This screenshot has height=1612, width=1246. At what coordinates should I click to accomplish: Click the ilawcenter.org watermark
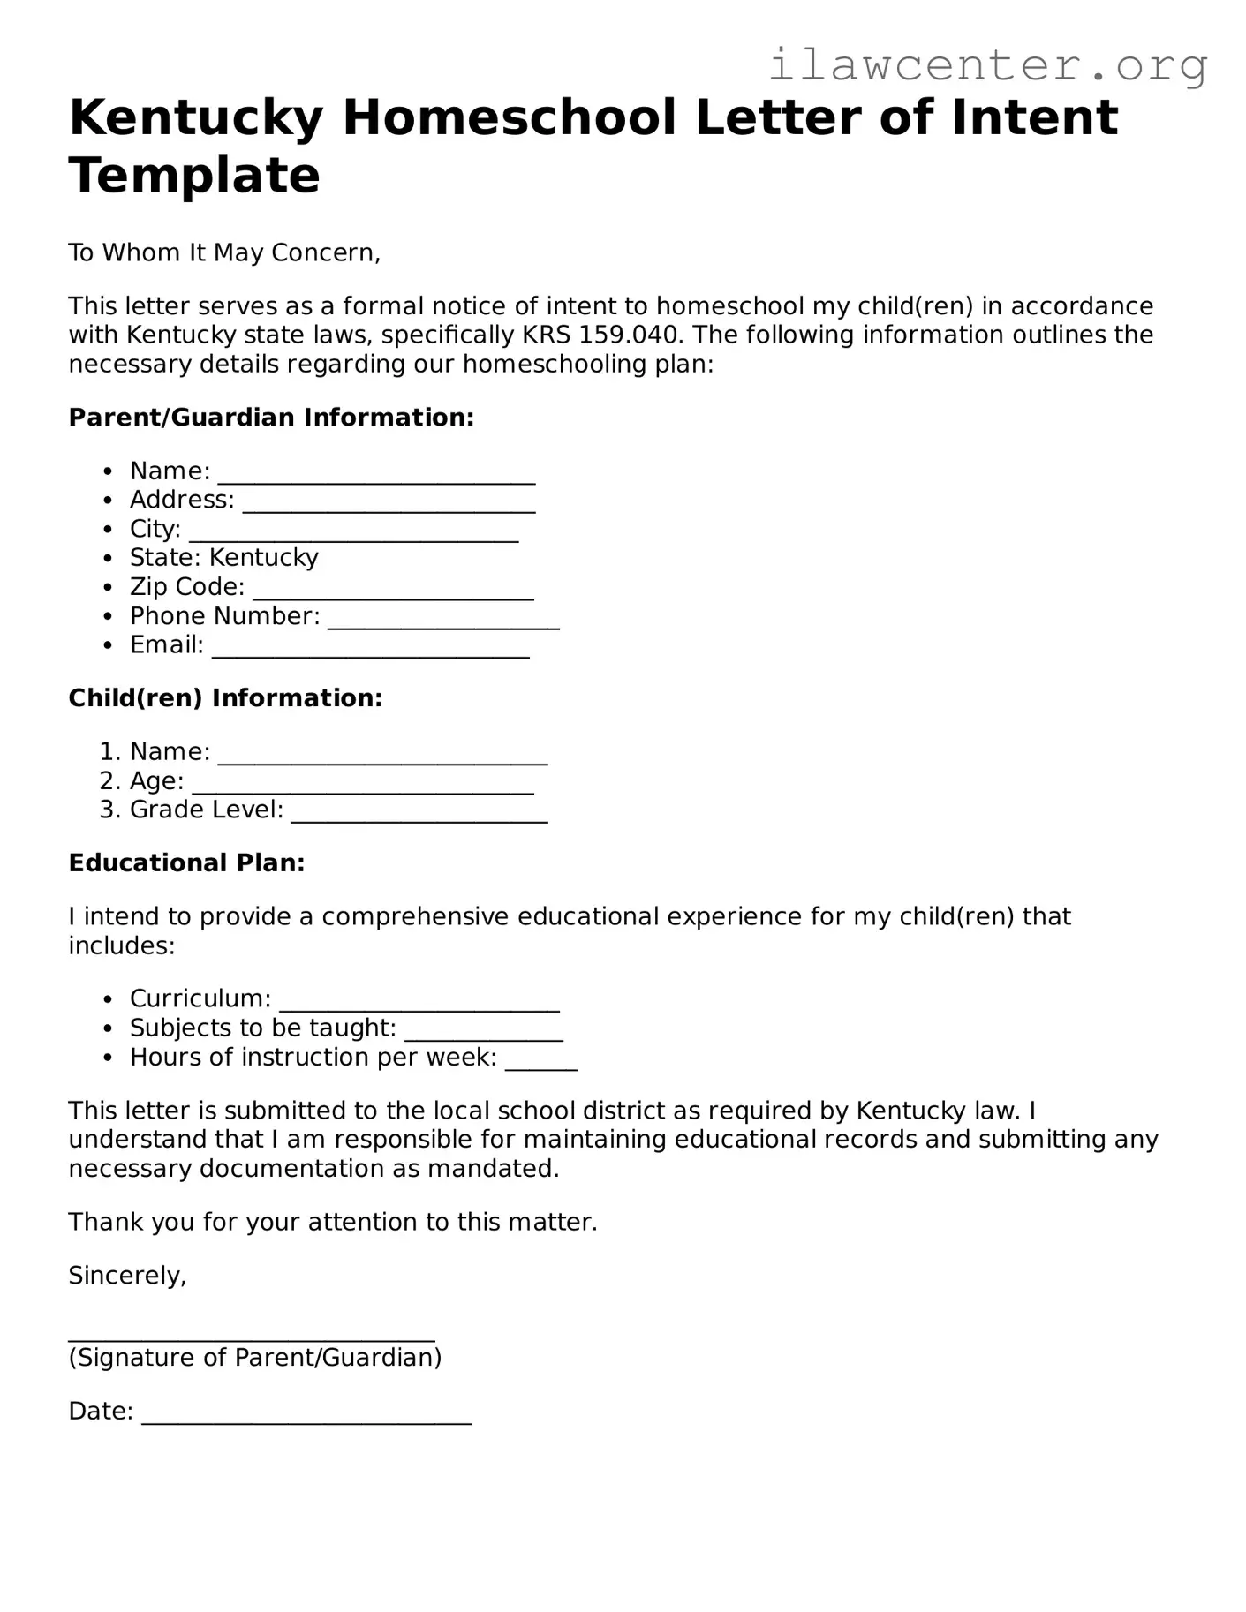tap(987, 66)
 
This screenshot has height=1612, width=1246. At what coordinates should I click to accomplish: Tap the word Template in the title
tap(194, 175)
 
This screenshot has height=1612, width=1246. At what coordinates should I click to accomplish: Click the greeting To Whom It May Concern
tap(224, 253)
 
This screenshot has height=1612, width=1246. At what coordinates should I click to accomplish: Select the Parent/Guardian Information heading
tap(271, 418)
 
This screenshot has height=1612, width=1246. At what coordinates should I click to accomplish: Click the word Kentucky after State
tap(263, 558)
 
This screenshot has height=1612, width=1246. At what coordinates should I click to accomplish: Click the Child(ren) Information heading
tap(225, 698)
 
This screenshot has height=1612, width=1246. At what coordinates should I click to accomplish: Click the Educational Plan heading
tap(186, 863)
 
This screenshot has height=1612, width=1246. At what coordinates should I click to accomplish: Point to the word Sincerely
tap(127, 1276)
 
